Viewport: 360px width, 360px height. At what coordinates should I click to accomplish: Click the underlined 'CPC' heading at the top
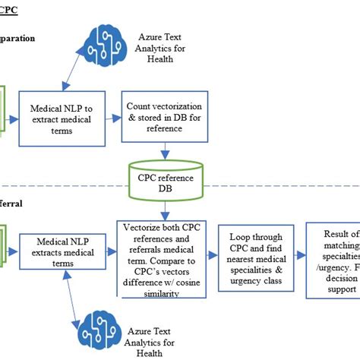point(9,9)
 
